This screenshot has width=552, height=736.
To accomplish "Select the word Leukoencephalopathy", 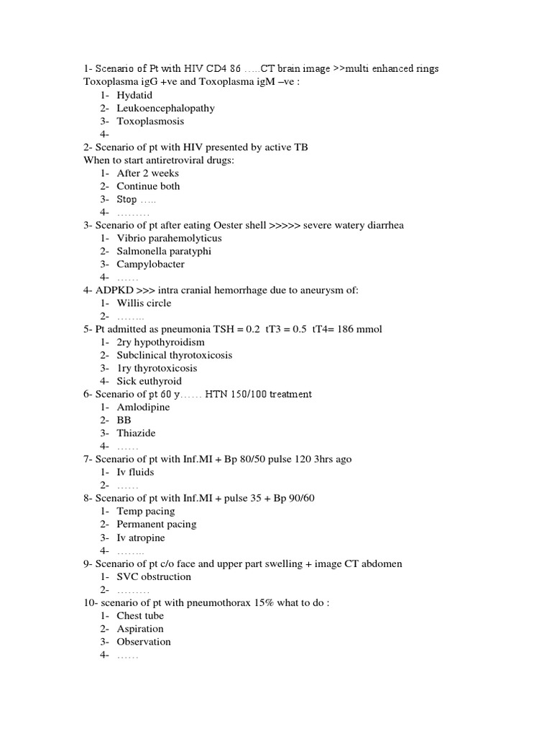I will point(165,108).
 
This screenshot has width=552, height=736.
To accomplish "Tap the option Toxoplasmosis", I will point(150,121).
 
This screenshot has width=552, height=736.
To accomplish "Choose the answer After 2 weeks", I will point(147,172).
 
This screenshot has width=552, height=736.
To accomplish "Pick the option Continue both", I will point(148,185).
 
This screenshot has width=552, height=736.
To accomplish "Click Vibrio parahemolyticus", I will point(169,238).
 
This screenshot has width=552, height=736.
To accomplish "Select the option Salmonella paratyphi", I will point(164,251).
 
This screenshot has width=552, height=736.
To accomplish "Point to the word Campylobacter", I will point(150,264).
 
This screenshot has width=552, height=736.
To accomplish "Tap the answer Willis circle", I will point(144,303).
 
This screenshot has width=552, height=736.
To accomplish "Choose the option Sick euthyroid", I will point(149,381).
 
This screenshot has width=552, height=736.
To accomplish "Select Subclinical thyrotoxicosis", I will point(175,355).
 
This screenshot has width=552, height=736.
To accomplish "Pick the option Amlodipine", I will point(143,407).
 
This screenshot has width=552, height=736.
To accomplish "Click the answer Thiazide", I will point(136,433).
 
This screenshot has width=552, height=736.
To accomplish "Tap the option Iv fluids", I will point(135,472).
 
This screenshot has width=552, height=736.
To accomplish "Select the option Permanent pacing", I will point(156,524).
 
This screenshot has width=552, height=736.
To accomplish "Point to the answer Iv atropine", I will point(141,538).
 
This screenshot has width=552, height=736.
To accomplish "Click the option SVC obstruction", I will point(154,576).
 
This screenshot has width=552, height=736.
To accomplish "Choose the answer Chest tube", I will point(140,615).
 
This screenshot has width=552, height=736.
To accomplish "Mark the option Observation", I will point(144,641).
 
